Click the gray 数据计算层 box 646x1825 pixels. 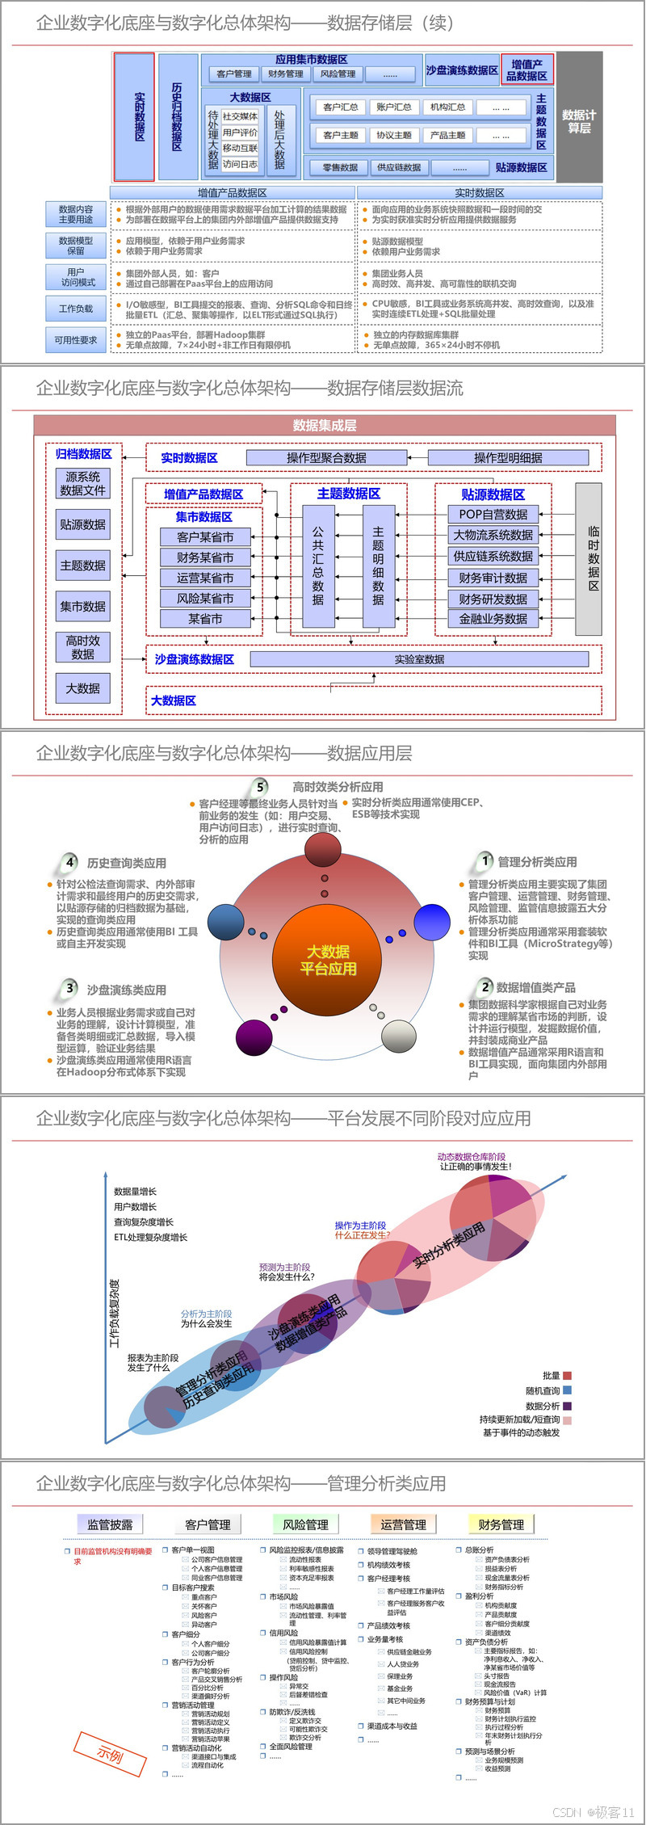pyautogui.click(x=579, y=117)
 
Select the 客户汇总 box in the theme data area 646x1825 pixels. pyautogui.click(x=340, y=107)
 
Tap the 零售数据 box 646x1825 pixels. pyautogui.click(x=340, y=167)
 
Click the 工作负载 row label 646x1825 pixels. pyautogui.click(x=76, y=309)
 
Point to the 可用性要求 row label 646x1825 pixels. pyautogui.click(x=76, y=340)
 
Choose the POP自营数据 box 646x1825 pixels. pyautogui.click(x=493, y=514)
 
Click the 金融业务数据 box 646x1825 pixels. pyautogui.click(x=493, y=619)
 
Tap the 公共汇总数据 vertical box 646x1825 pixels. pyautogui.click(x=318, y=566)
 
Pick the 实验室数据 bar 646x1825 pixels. pyautogui.click(x=419, y=659)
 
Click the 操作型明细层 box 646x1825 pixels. pyautogui.click(x=508, y=457)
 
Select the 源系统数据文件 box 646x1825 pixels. pyautogui.click(x=82, y=483)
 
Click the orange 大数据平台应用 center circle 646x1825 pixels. pyautogui.click(x=328, y=960)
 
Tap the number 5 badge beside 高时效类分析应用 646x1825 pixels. pyautogui.click(x=260, y=787)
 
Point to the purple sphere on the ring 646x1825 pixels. pyautogui.click(x=254, y=1037)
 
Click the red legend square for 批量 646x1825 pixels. pyautogui.click(x=568, y=1375)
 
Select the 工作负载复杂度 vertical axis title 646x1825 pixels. pyautogui.click(x=114, y=1313)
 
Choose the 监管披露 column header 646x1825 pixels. pyautogui.click(x=110, y=1524)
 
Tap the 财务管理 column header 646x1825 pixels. pyautogui.click(x=501, y=1524)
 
